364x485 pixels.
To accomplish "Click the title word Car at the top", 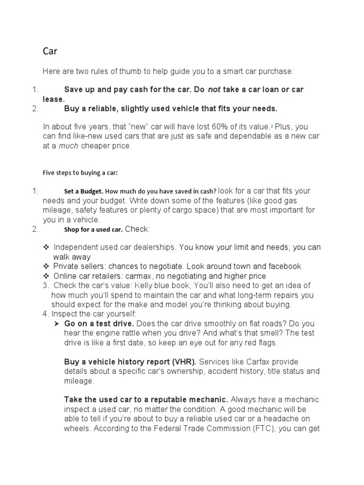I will tap(50, 51).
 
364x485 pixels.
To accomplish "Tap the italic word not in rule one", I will tap(214, 90).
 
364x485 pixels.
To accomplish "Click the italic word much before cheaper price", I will tap(68, 146).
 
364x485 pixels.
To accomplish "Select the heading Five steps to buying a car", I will tap(80, 173).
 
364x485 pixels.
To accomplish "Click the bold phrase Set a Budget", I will tap(83, 192).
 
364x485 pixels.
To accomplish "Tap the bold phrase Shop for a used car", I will tap(93, 230).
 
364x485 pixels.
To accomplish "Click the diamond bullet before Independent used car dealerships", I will tap(46, 247).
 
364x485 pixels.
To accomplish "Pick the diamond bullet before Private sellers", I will tap(46, 266).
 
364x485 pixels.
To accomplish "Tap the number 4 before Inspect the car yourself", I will tap(45, 314).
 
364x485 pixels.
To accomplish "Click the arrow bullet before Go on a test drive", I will tap(55, 323).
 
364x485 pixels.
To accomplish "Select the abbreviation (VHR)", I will tap(182, 362).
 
